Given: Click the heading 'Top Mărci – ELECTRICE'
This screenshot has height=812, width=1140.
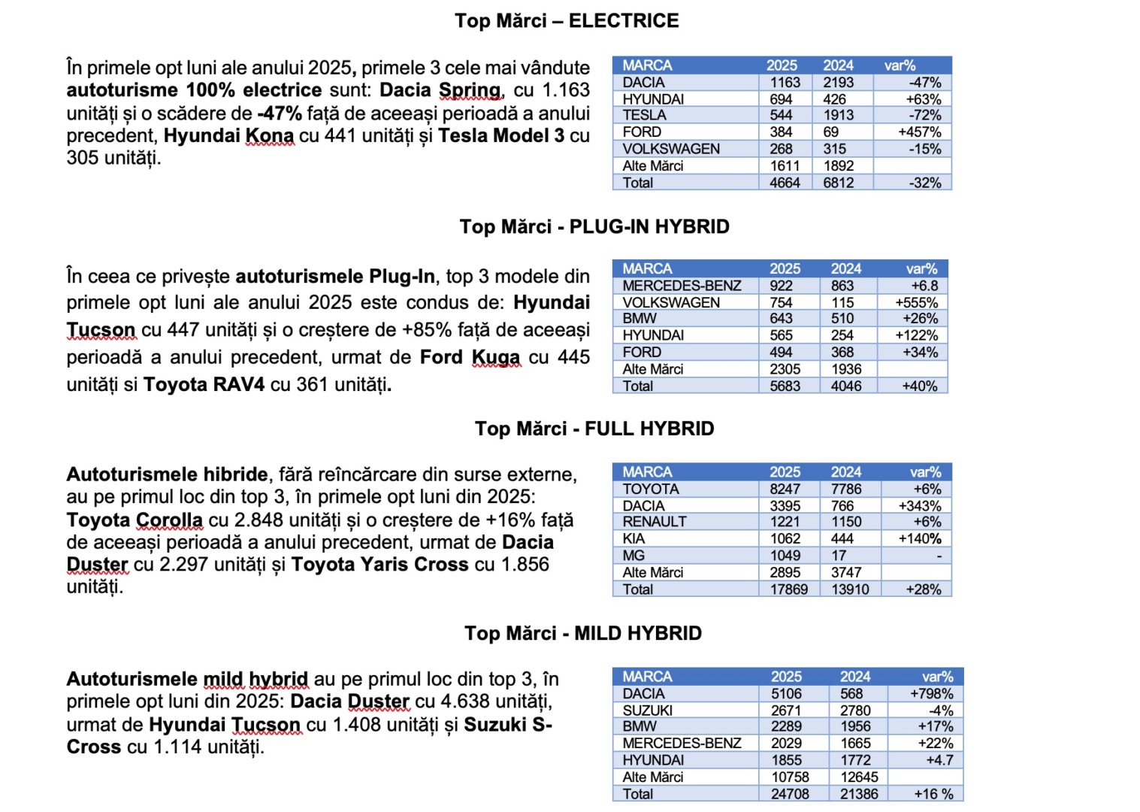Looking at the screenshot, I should click(567, 21).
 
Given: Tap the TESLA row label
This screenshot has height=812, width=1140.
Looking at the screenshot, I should click(644, 115).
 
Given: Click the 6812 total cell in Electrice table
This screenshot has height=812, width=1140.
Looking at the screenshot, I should click(838, 183).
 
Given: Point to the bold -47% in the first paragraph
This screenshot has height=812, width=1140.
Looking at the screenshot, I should click(280, 114).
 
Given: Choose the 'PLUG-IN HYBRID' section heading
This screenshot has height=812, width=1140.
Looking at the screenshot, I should click(649, 227).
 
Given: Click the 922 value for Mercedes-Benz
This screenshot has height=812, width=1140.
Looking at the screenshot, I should click(781, 286).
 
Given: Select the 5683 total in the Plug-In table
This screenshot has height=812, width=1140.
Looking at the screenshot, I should click(785, 386).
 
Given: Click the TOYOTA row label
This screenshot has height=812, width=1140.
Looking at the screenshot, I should click(650, 489).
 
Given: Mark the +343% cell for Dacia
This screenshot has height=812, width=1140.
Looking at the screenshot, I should click(919, 506).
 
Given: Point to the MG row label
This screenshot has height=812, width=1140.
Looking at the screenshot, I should click(634, 556).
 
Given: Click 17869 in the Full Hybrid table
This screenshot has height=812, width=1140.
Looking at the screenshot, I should click(788, 589).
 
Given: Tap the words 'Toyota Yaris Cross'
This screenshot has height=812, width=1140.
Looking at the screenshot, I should click(379, 565).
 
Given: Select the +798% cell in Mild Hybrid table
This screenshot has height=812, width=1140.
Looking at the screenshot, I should click(931, 694).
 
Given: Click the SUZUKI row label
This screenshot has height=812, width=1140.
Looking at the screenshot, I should click(647, 710).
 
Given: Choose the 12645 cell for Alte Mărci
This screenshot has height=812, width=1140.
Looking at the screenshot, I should click(859, 777).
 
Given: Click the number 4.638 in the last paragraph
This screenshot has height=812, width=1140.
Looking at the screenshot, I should click(461, 702).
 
